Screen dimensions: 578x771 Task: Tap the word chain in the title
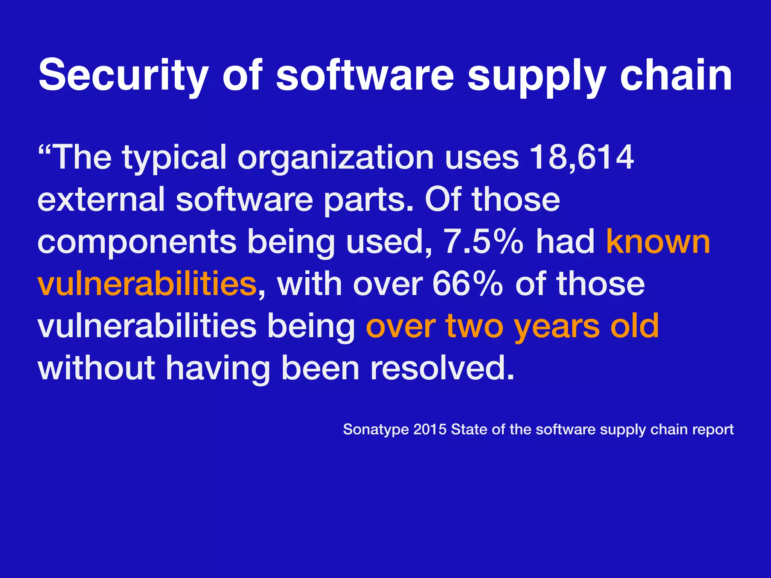(x=676, y=75)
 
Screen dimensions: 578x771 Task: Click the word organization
(x=335, y=158)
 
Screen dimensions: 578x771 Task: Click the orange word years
(x=557, y=327)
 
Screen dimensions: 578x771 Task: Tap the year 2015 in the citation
(x=430, y=429)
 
